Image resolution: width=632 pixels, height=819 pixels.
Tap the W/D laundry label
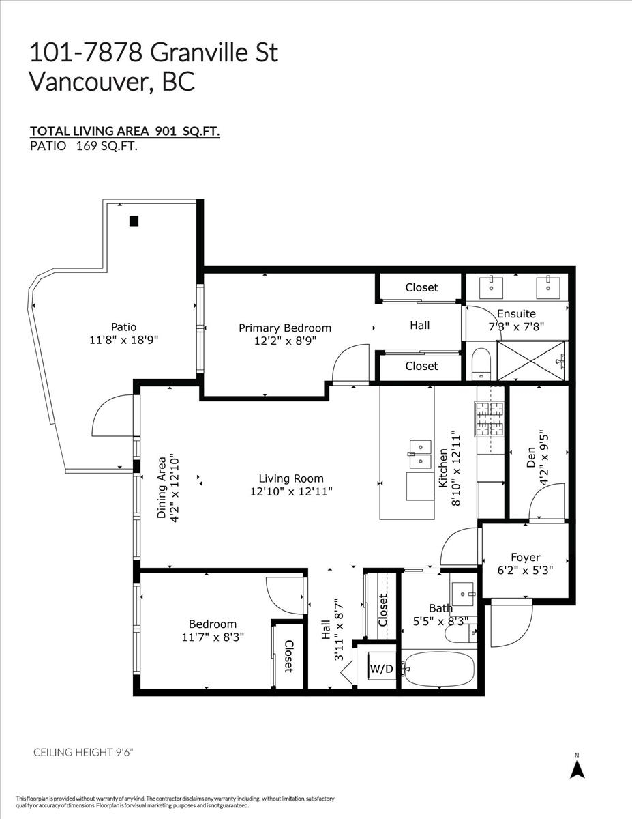(382, 669)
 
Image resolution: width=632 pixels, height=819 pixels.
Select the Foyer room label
(525, 557)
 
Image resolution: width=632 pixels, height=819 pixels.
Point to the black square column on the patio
(134, 221)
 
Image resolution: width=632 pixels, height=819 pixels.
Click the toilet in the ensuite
(480, 364)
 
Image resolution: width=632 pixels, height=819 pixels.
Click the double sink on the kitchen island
(420, 453)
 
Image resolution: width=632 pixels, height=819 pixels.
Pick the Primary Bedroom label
(285, 328)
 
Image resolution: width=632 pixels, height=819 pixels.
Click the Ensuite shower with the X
(531, 360)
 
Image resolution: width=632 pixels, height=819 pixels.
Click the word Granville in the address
(199, 53)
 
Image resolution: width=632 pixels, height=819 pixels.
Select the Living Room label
(291, 478)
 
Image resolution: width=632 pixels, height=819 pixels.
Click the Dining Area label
(162, 488)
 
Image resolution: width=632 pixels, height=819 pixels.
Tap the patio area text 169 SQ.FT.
(106, 146)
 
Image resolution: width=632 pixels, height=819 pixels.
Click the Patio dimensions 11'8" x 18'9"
(124, 340)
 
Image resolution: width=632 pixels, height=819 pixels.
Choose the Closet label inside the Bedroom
(288, 656)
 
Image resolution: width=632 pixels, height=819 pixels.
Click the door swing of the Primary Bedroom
(344, 352)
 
